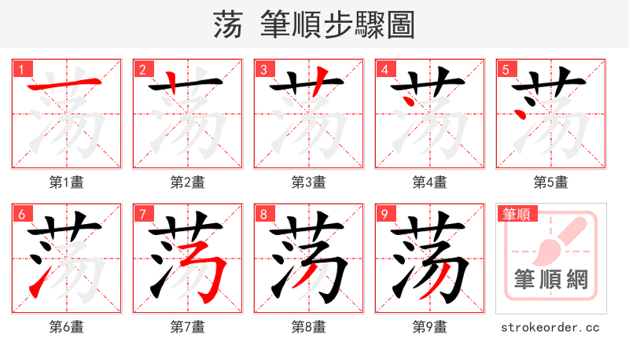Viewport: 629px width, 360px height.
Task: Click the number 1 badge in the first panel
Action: pos(20,69)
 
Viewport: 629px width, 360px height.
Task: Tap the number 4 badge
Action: pos(384,69)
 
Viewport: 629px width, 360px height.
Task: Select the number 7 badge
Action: pos(142,214)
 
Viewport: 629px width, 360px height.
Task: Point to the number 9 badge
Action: pos(384,214)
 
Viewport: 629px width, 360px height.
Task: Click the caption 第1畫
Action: pos(66,182)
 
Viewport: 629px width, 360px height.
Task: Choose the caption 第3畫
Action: pos(308,182)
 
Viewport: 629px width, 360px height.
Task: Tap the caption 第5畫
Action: pos(550,182)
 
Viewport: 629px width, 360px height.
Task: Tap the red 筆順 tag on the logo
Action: pos(516,214)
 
